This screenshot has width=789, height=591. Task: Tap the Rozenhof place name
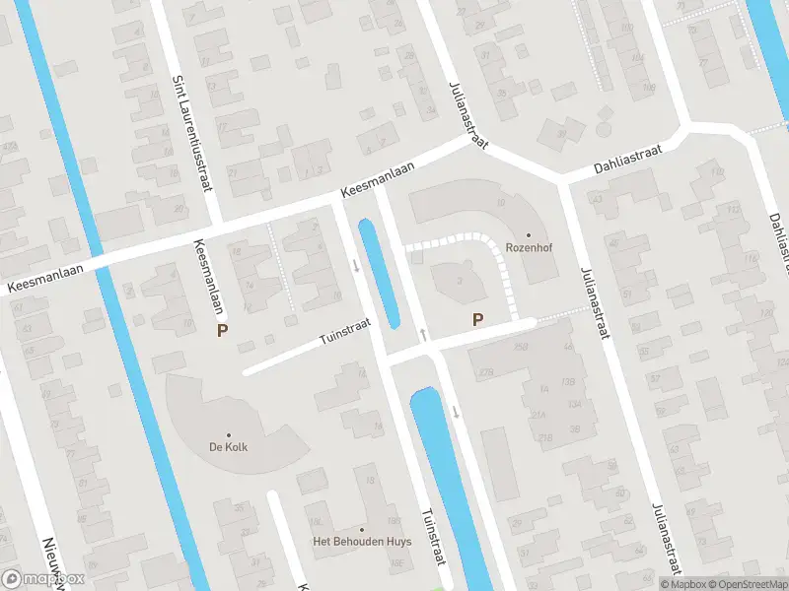pyautogui.click(x=527, y=248)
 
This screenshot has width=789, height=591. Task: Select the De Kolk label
pyautogui.click(x=228, y=447)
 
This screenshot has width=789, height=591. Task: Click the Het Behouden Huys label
pyautogui.click(x=361, y=542)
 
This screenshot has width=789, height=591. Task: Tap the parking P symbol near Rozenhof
pyautogui.click(x=478, y=319)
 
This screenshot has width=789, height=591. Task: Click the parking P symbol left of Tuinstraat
pyautogui.click(x=223, y=332)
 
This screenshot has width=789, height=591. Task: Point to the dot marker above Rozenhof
pyautogui.click(x=528, y=235)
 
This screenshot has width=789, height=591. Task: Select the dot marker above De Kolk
pyautogui.click(x=229, y=434)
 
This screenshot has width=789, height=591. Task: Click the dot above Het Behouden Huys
pyautogui.click(x=362, y=529)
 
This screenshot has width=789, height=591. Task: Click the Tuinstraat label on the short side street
pyautogui.click(x=344, y=330)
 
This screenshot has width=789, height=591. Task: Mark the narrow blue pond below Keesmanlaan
pyautogui.click(x=379, y=273)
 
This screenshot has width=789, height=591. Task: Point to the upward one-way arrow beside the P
pyautogui.click(x=423, y=336)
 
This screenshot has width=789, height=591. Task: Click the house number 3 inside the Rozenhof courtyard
pyautogui.click(x=461, y=282)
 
